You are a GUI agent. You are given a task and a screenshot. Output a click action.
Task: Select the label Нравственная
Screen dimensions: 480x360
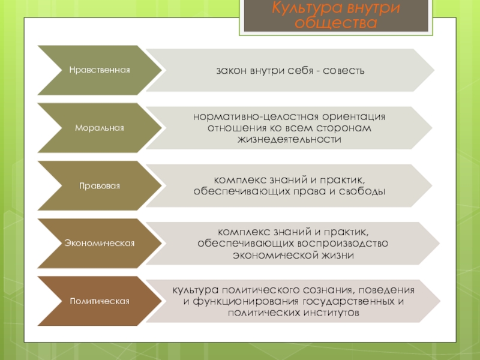99,71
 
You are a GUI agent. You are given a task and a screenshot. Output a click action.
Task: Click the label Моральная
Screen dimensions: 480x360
99,128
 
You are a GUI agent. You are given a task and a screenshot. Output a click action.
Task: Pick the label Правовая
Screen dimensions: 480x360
100,186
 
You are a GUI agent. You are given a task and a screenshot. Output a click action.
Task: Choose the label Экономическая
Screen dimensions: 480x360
99,244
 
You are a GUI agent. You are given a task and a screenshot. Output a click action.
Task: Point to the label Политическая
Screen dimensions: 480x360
99,301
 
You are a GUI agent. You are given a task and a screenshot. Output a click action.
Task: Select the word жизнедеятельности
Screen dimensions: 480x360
289,139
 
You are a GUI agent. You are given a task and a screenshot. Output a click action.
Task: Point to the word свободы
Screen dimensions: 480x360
364,191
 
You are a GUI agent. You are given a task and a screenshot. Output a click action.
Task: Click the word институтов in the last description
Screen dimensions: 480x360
323,313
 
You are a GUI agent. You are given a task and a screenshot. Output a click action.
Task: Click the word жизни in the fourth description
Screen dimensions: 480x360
338,255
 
